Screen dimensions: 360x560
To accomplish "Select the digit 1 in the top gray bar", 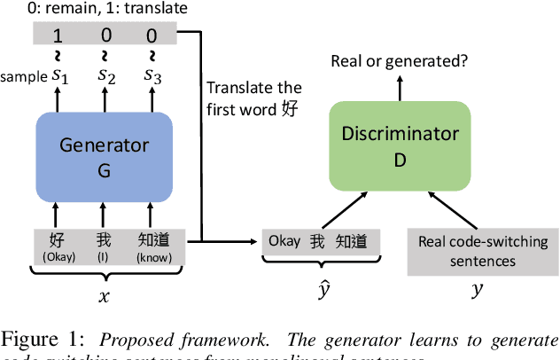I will [x=59, y=36].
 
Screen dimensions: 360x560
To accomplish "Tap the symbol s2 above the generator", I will [x=106, y=77].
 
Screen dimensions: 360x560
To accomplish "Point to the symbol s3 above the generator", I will [x=153, y=77].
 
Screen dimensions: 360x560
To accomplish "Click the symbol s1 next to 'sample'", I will [x=59, y=77].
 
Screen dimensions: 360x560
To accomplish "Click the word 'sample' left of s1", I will [x=24, y=78].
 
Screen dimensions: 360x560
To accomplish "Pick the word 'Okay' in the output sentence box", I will [x=284, y=241].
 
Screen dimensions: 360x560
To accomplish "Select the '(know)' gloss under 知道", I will [x=154, y=258].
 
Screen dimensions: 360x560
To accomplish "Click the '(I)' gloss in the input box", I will [x=105, y=258].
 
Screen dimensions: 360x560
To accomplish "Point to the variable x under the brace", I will [x=104, y=297].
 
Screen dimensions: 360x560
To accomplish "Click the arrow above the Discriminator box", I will [x=398, y=87].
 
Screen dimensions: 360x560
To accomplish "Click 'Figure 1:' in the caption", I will [x=35, y=339].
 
